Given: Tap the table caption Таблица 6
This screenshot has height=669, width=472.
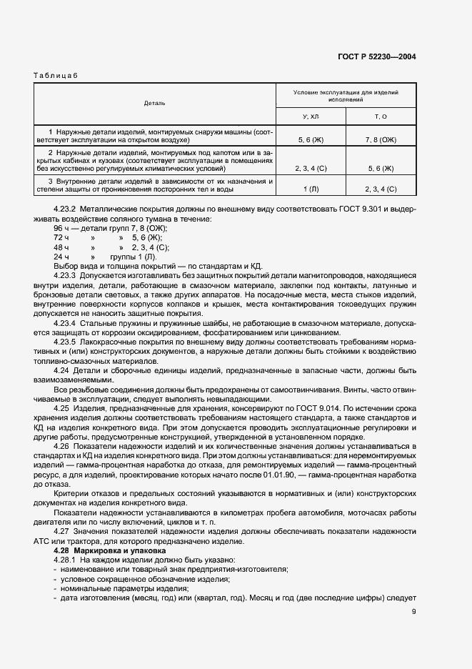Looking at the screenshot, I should tap(56, 76).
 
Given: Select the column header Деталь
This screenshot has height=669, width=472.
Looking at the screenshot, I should tap(154, 103).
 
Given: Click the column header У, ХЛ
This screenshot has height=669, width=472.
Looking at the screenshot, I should tap(311, 115).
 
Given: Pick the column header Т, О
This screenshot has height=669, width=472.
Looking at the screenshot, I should tap(381, 115).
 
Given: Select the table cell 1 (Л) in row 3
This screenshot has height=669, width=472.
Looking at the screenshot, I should tap(311, 189).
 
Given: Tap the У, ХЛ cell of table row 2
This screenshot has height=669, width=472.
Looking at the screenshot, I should tap(311, 169).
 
